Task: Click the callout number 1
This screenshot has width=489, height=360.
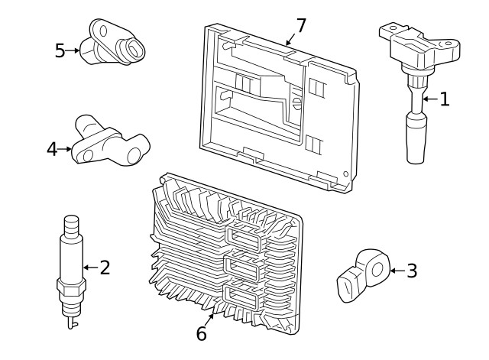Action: (444, 98)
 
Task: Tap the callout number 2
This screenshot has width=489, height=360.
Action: (105, 267)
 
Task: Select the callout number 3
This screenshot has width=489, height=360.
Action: (412, 270)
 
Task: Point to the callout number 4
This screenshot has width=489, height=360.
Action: (52, 149)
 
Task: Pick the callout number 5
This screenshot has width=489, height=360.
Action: (60, 50)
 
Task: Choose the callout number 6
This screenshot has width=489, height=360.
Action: (202, 334)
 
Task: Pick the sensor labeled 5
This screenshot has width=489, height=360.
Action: (115, 43)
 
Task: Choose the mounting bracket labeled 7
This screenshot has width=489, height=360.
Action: (279, 107)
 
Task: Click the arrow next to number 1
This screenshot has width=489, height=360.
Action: (429, 99)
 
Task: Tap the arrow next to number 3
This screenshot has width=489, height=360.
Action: (396, 270)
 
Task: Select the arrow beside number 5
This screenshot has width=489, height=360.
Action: (74, 50)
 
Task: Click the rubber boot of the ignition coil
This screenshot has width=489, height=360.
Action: (414, 138)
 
